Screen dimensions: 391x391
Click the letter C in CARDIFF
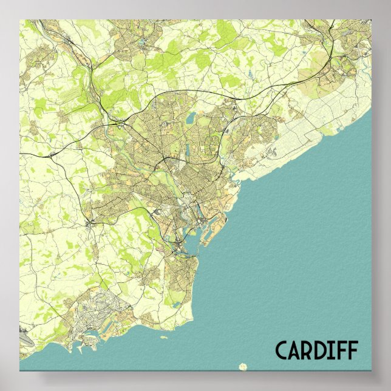tap(282, 350)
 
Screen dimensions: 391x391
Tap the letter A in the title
tap(296, 350)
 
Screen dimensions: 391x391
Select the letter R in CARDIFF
tap(309, 350)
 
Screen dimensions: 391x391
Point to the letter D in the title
tap(322, 350)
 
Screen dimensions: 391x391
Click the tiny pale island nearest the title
tap(243, 365)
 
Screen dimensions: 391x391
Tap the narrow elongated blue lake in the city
tap(188, 148)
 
